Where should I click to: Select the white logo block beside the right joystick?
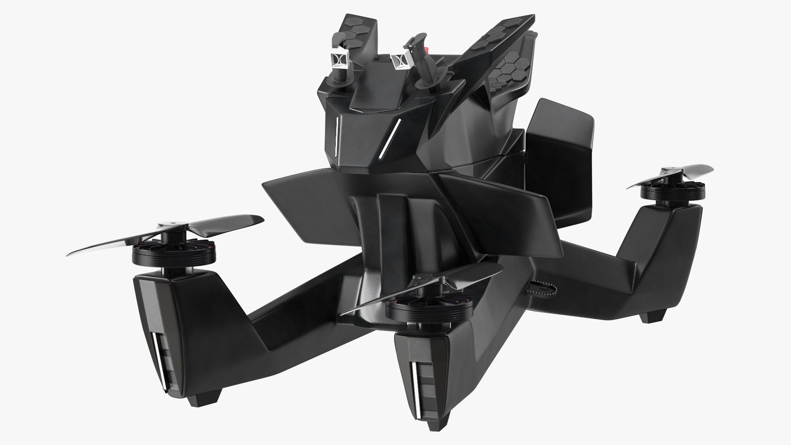coord(400,61)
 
